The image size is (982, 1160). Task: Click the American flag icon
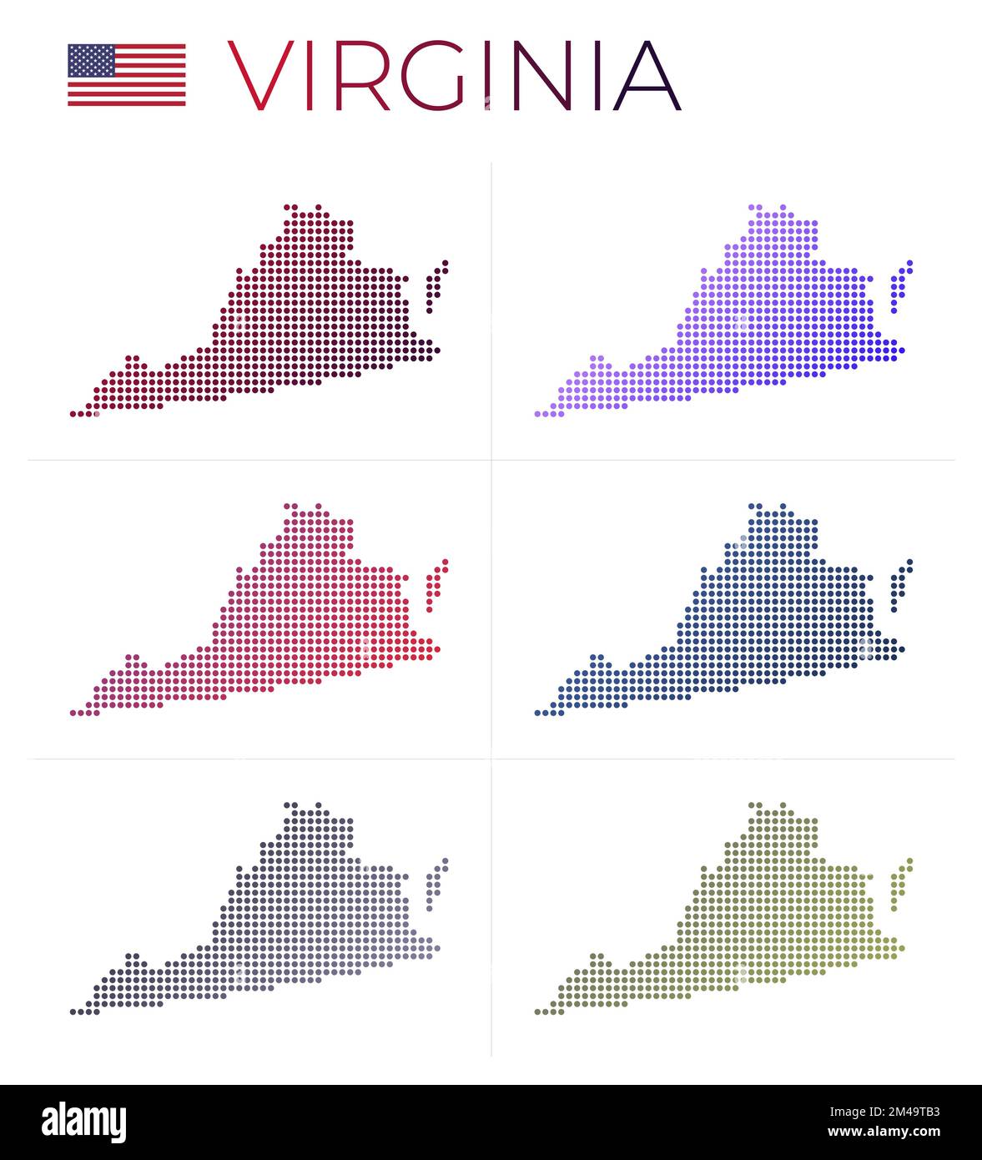pyautogui.click(x=127, y=75)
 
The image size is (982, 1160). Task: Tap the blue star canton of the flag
pyautogui.click(x=91, y=60)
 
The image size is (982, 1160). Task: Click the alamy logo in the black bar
pyautogui.click(x=83, y=1122)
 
